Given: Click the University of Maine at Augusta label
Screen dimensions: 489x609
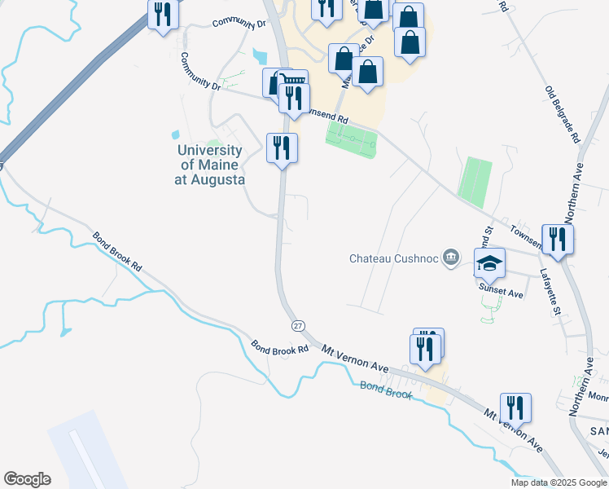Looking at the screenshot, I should [x=209, y=165].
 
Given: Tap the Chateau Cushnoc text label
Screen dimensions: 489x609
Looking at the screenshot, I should [x=394, y=258].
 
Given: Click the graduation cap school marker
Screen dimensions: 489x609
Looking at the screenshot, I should [x=489, y=262].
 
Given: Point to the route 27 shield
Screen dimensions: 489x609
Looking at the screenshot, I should [x=298, y=325].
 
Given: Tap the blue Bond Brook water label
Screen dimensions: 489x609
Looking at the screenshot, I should [x=386, y=389].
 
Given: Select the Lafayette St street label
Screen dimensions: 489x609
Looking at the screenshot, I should [x=551, y=293].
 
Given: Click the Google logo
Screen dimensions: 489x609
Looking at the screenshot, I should [x=27, y=478].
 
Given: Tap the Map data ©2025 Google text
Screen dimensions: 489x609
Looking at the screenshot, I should [x=559, y=482].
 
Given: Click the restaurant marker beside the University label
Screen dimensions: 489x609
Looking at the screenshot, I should [x=283, y=148].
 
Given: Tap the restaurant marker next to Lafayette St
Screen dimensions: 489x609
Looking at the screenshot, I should [x=558, y=239].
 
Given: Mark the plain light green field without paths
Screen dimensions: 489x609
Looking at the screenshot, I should [x=475, y=182].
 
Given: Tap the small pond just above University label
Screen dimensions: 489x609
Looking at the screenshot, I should [x=174, y=134].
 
